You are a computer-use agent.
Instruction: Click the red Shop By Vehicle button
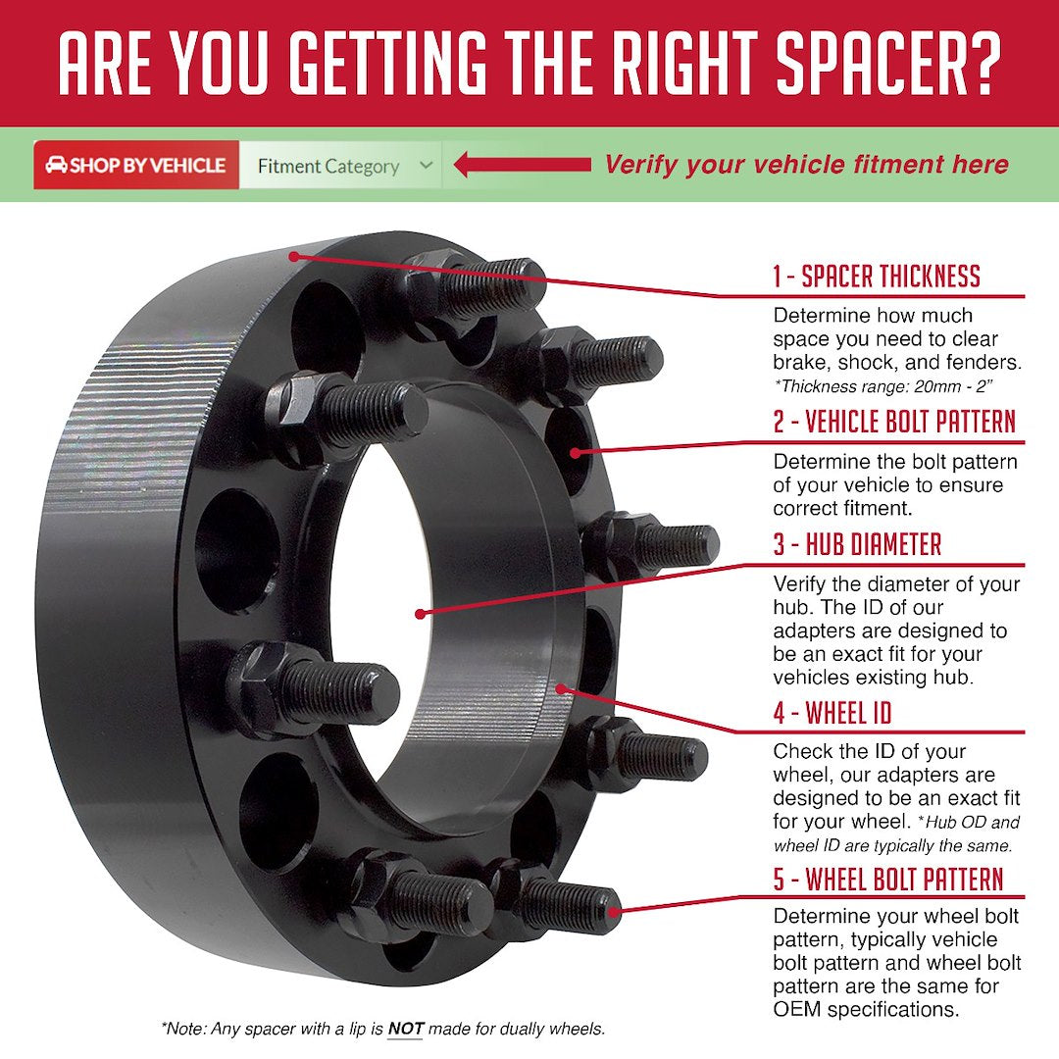point(136,166)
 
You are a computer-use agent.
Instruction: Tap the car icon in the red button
point(56,166)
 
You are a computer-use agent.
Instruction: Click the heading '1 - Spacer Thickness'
point(876,277)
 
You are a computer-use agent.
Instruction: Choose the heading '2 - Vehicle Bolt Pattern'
point(893,423)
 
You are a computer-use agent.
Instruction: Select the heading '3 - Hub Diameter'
point(857,545)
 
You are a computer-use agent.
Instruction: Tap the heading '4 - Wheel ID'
point(832,713)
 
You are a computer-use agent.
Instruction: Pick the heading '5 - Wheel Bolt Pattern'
point(888,879)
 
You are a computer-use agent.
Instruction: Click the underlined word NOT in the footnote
point(405,1030)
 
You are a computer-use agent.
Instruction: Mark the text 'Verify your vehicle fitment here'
point(806,165)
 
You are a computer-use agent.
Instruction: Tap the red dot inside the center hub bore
point(420,614)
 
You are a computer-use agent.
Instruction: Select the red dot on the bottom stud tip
point(615,912)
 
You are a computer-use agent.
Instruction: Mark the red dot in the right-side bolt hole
point(576,452)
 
